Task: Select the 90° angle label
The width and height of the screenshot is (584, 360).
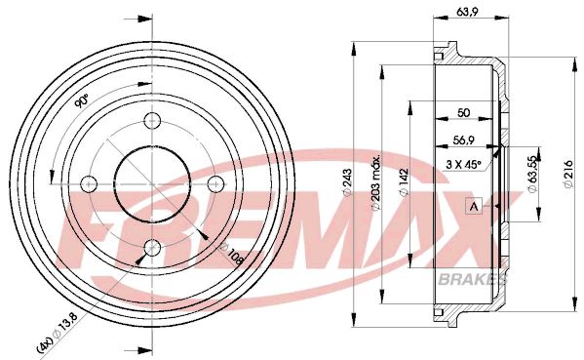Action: click(x=82, y=101)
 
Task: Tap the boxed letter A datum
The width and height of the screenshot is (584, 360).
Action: click(x=475, y=206)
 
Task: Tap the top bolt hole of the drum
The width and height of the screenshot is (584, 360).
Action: click(x=152, y=121)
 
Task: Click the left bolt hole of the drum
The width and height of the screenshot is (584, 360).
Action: click(x=90, y=183)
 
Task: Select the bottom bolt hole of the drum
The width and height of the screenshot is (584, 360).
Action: click(x=152, y=247)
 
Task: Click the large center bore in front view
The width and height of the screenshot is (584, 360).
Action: click(x=152, y=183)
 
